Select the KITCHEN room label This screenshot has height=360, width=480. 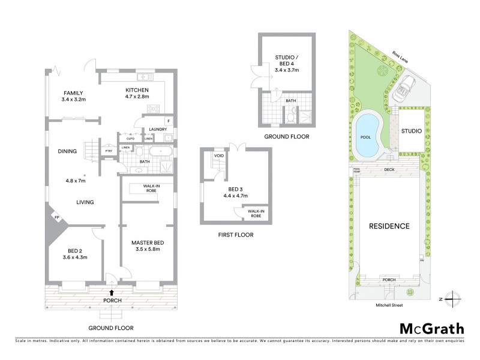coord(136,91)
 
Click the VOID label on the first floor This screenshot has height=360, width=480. coord(219,157)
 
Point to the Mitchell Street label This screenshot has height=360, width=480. coord(388,305)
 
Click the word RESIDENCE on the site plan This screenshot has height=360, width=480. coord(389,226)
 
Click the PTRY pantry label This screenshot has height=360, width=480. coord(109,151)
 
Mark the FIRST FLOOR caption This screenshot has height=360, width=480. coord(235,235)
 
